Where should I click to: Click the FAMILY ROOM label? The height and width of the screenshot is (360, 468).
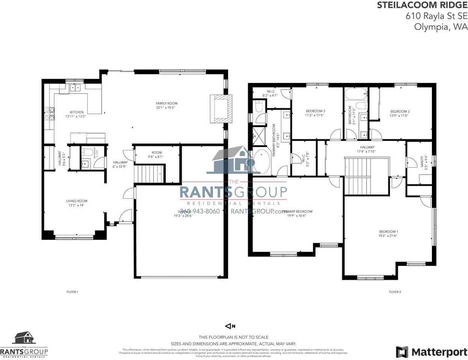click(x=167, y=103)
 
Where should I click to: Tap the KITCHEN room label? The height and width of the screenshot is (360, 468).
click(x=77, y=112)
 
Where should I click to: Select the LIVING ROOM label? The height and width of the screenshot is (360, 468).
click(x=77, y=201)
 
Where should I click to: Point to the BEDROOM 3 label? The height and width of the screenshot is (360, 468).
click(x=315, y=111)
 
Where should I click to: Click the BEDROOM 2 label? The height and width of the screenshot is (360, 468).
click(x=400, y=111)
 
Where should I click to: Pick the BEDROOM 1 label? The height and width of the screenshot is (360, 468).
click(x=388, y=232)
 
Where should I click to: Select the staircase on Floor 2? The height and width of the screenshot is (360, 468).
click(x=358, y=176)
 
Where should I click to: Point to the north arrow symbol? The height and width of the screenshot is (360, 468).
click(x=230, y=326)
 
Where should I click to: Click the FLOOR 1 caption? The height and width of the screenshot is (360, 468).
click(x=72, y=292)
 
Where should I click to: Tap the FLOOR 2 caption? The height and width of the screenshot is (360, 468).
click(x=395, y=292)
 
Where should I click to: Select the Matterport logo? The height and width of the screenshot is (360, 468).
click(x=432, y=352)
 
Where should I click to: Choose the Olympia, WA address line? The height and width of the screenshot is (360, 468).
click(x=441, y=27)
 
